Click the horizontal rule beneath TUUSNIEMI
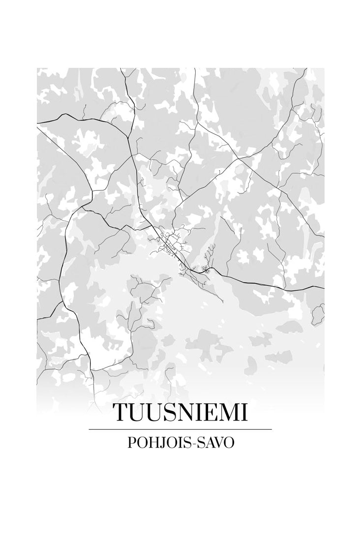(x=180, y=429)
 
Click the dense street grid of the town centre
(x=172, y=244)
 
